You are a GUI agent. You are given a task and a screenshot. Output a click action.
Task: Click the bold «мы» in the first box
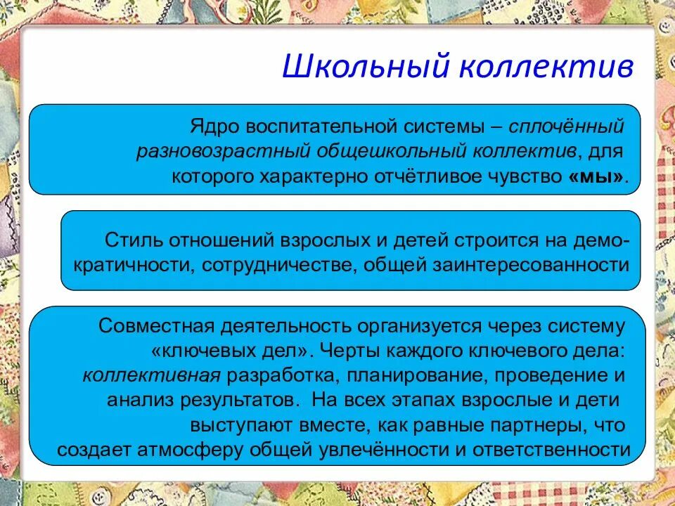595,176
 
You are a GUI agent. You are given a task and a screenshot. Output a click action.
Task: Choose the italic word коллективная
152,375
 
